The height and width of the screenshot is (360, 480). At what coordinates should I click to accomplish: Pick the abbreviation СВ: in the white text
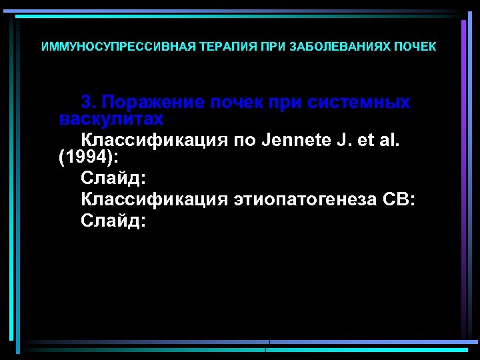(399, 199)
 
